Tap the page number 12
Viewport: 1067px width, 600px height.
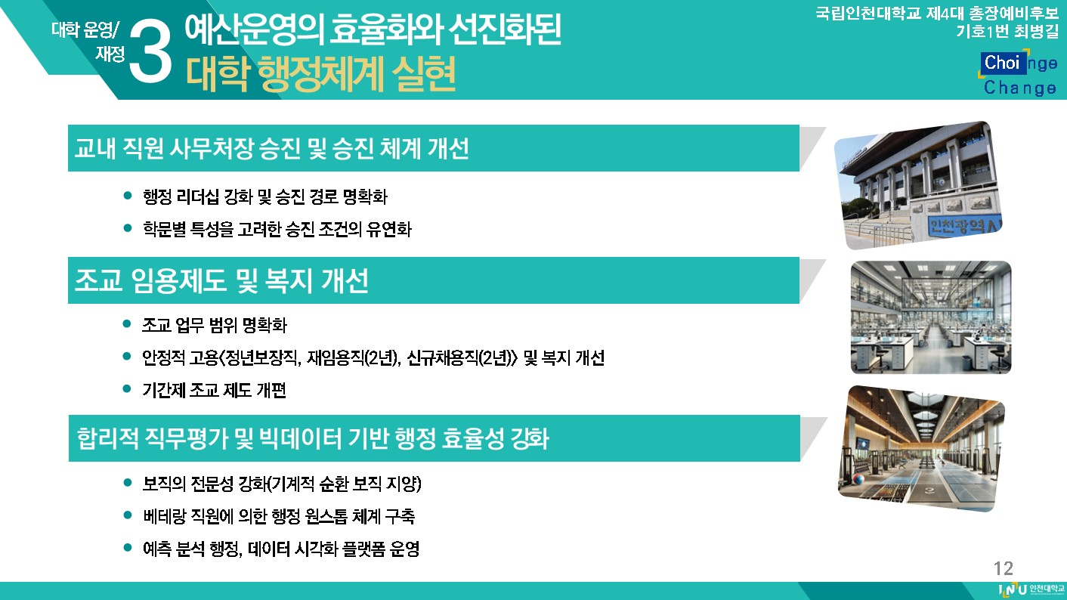[1003, 568]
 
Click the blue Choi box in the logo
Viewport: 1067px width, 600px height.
[1002, 63]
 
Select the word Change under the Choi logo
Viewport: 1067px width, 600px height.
[1020, 88]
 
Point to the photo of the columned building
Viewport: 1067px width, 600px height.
[918, 185]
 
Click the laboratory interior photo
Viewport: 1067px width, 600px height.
[931, 317]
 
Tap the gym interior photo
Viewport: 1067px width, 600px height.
[921, 449]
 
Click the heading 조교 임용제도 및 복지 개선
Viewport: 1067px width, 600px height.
[221, 280]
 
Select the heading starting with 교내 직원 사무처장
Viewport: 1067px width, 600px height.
[271, 148]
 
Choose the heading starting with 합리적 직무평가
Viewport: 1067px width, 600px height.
[313, 438]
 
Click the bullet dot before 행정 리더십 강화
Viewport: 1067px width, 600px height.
[127, 195]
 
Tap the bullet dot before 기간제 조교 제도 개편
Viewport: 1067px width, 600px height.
[127, 388]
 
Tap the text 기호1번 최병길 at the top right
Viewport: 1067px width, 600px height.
[1007, 31]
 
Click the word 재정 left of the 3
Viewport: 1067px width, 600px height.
[110, 54]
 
